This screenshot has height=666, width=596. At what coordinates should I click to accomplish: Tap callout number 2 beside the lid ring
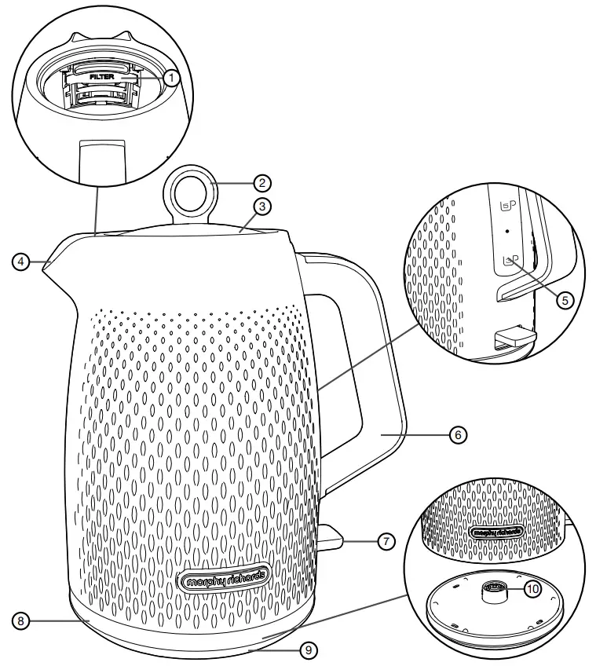tap(262, 182)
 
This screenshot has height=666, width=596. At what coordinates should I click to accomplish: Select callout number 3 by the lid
tap(262, 207)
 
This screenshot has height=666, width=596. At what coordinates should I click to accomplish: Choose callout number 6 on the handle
tap(459, 433)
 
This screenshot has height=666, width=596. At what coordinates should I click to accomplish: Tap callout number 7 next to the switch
tap(385, 541)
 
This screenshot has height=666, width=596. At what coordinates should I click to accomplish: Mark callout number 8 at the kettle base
tap(23, 620)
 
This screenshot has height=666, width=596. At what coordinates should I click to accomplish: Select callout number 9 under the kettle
tap(309, 650)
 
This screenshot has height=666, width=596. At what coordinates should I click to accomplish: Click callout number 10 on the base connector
tap(532, 590)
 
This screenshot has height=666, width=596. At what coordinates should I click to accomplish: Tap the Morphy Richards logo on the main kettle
tap(225, 580)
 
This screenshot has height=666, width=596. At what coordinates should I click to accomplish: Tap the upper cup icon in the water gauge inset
tap(506, 206)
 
